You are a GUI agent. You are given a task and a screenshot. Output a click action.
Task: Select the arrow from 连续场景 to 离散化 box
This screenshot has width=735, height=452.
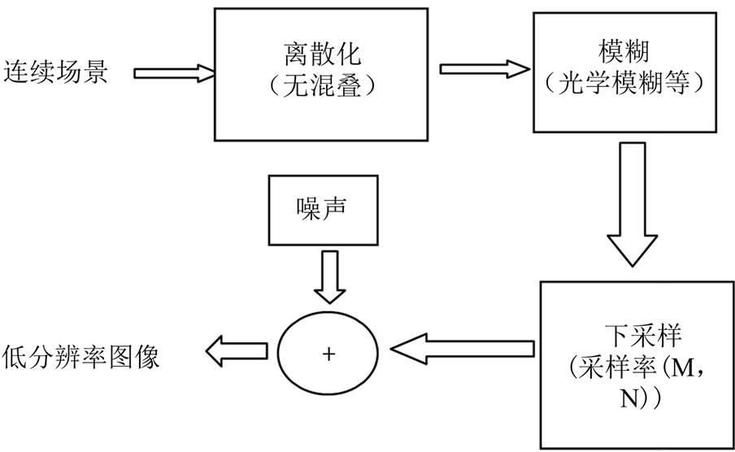174,73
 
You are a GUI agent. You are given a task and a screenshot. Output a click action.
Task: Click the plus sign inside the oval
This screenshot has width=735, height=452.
328,353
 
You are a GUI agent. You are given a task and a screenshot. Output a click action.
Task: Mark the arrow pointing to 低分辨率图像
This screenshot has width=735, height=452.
237,352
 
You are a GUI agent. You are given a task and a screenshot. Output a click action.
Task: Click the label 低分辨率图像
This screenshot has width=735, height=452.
81,355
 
